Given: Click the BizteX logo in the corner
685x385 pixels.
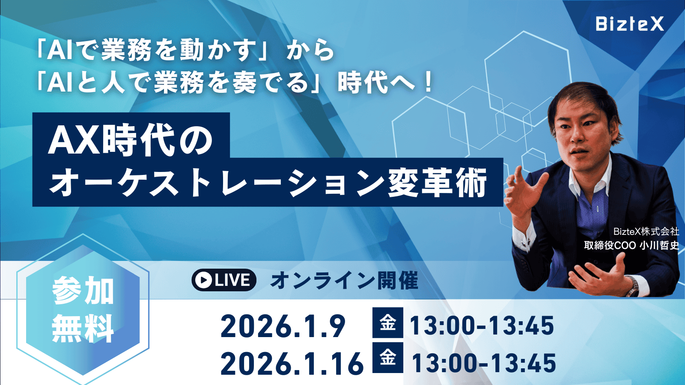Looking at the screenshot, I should [629, 24].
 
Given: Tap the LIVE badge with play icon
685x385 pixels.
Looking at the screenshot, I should [224, 280].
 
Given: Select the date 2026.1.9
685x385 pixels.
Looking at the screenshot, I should [283, 326].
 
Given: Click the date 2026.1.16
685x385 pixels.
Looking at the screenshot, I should [292, 364].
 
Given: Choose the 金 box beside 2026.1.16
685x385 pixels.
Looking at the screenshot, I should [387, 358].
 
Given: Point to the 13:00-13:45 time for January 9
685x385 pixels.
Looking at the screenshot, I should [482, 326].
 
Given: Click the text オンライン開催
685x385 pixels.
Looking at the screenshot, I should [344, 281].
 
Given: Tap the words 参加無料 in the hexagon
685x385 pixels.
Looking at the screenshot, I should [83, 309].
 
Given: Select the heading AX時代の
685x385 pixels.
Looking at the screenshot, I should [131, 140].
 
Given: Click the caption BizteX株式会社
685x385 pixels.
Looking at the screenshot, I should [646, 231].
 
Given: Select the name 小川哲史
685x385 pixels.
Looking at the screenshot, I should [659, 245].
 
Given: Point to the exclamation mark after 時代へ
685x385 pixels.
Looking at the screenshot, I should [427, 83].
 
